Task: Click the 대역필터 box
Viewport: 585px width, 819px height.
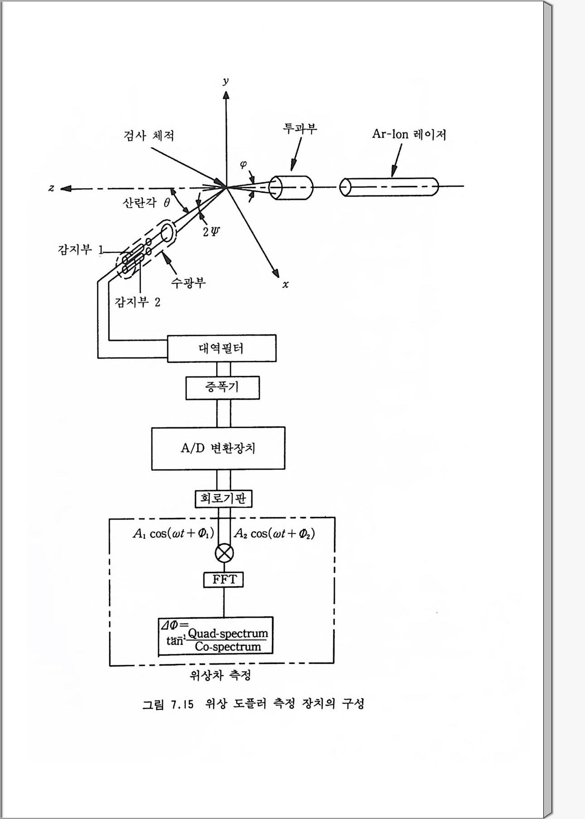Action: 222,348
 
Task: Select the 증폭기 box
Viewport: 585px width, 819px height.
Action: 222,387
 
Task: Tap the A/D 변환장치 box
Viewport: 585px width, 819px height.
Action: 218,448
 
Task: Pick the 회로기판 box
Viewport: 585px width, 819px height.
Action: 223,499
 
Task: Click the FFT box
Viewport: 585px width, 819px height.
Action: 223,580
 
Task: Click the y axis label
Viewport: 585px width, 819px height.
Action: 225,81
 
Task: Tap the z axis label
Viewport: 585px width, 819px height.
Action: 52,188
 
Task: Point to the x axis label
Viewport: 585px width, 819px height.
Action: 285,285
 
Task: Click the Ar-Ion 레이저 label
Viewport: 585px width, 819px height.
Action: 409,134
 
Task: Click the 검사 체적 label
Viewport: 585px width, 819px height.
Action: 149,136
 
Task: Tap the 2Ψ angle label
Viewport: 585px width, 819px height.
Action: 211,232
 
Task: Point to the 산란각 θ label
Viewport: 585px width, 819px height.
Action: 146,203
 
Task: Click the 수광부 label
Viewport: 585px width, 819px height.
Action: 188,283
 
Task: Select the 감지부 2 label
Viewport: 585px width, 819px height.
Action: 138,302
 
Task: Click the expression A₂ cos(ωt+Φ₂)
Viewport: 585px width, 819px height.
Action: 275,533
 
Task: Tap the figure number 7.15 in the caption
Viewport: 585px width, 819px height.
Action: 182,704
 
